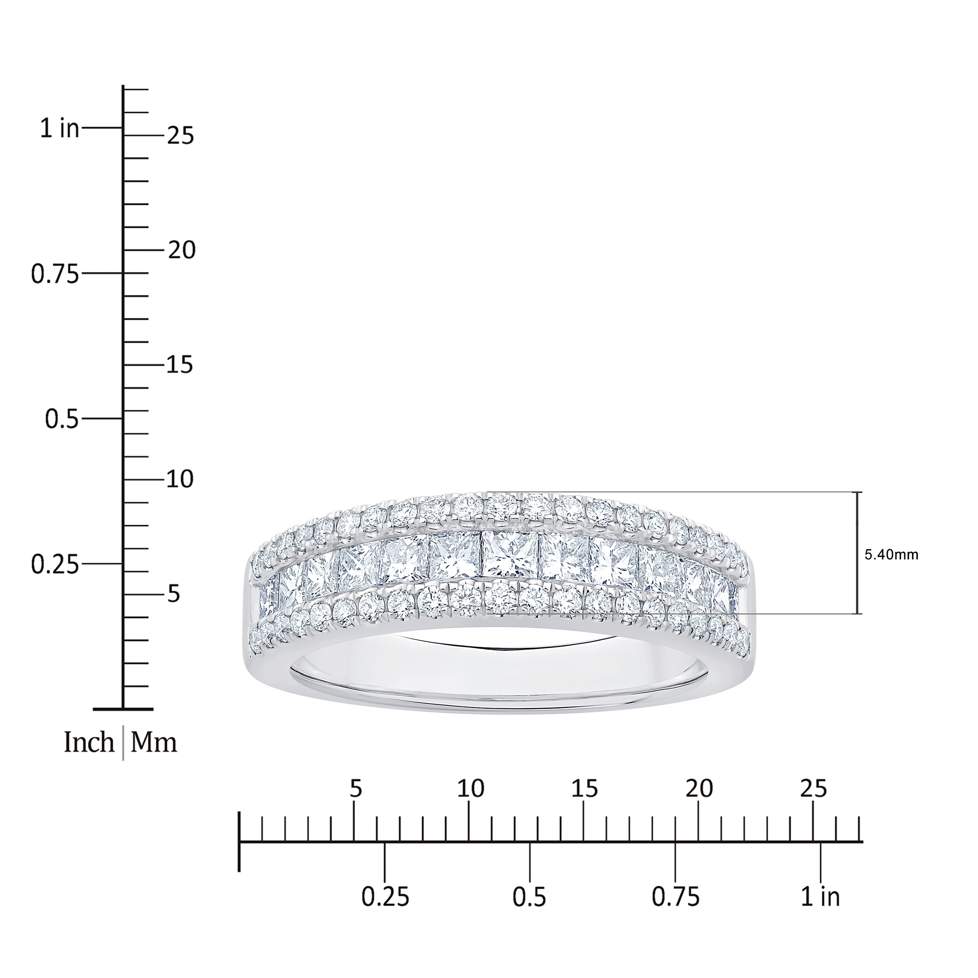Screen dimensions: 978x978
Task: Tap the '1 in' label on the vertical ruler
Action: click(x=60, y=129)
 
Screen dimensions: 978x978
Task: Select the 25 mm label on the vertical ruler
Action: click(x=181, y=136)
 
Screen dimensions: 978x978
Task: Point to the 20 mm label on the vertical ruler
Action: click(x=181, y=250)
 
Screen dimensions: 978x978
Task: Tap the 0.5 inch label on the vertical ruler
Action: click(x=62, y=419)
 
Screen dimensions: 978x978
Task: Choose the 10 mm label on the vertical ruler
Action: click(x=181, y=479)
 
